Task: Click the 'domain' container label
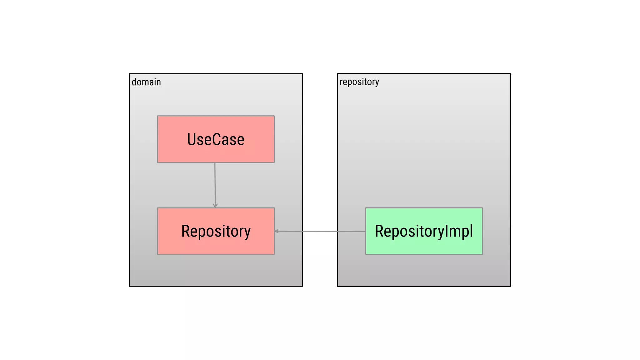pyautogui.click(x=146, y=82)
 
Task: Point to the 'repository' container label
pyautogui.click(x=359, y=82)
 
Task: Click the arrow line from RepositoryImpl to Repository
pyautogui.click(x=319, y=231)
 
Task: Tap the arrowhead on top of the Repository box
pyautogui.click(x=215, y=206)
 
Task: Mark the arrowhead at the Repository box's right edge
pyautogui.click(x=277, y=231)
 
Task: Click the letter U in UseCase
pyautogui.click(x=192, y=139)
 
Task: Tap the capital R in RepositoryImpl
pyautogui.click(x=380, y=231)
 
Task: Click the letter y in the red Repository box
pyautogui.click(x=247, y=233)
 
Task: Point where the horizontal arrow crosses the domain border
pyautogui.click(x=302, y=231)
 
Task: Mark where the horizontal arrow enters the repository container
pyautogui.click(x=337, y=231)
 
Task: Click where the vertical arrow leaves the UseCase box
pyautogui.click(x=215, y=163)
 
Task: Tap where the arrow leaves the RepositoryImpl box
pyautogui.click(x=366, y=232)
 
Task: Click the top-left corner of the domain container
pyautogui.click(x=129, y=74)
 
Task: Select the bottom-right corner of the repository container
pyautogui.click(x=511, y=286)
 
